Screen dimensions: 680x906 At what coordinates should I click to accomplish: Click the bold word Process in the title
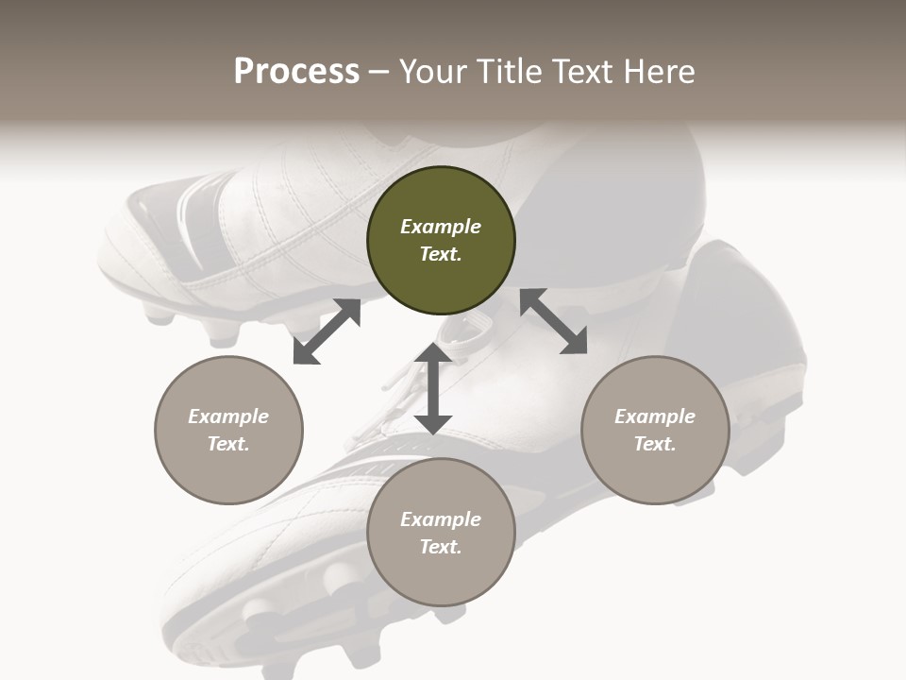296,71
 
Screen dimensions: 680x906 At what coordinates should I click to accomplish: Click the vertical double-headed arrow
433,388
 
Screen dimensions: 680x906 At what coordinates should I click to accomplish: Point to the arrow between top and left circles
327,331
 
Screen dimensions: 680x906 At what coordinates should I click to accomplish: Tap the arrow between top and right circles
554,322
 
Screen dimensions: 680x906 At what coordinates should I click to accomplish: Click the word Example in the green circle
441,227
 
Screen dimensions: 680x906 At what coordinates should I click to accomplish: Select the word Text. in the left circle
228,444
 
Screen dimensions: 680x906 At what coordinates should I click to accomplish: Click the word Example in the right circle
655,416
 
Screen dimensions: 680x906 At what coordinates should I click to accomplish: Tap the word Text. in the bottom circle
441,547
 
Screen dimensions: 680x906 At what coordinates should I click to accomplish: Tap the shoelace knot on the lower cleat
462,331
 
